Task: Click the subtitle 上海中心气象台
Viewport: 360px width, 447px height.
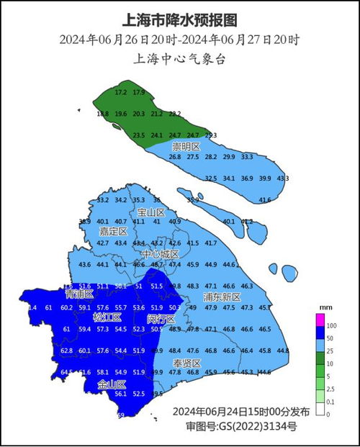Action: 180,59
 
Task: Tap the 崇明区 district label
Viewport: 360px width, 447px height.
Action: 186,147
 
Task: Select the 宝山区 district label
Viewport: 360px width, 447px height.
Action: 151,213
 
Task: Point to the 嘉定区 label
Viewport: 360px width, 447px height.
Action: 113,232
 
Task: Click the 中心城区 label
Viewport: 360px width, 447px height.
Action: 160,254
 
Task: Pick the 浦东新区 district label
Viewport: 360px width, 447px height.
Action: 222,296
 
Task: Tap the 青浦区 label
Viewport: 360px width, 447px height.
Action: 79,294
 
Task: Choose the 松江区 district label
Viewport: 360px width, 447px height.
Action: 107,317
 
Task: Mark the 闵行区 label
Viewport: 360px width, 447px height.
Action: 161,318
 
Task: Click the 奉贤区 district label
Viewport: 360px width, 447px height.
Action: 187,362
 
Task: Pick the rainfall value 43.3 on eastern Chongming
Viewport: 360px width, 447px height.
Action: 283,179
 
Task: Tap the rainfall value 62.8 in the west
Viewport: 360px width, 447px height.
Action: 67,351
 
